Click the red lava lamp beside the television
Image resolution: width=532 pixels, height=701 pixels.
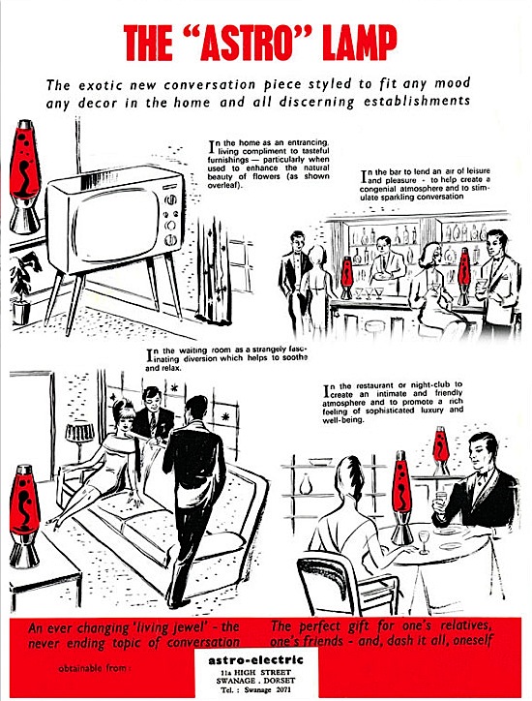point(25,176)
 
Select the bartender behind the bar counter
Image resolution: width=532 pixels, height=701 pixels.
point(387,263)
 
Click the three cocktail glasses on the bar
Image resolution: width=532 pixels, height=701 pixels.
point(369,292)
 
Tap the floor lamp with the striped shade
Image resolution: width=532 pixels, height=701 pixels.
point(79,441)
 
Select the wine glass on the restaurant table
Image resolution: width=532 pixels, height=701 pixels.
point(423,541)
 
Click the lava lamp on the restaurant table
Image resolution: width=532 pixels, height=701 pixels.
point(402,498)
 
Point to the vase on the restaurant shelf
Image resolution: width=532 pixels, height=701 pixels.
point(305,484)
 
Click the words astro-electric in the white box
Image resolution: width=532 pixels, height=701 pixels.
point(255,660)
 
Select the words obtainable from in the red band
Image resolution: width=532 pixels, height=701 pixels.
point(94,669)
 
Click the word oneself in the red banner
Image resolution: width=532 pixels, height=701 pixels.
point(473,640)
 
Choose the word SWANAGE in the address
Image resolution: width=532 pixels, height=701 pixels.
point(233,681)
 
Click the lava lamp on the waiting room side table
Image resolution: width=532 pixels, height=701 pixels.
point(24,516)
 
